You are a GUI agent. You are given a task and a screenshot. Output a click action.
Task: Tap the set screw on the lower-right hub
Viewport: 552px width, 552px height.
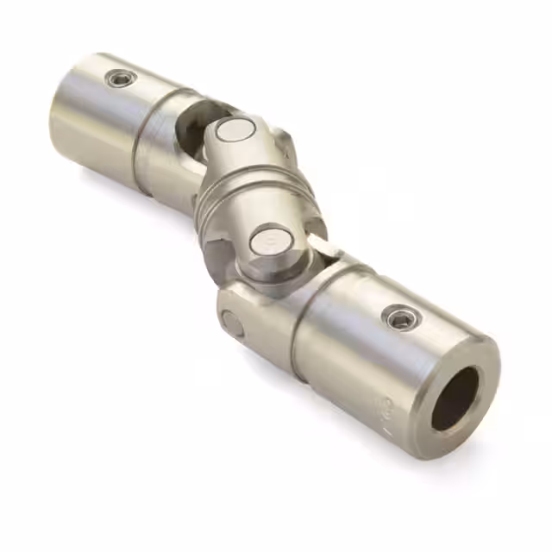398,318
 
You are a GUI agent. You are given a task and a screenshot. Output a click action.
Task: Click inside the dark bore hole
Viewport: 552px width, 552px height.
455,398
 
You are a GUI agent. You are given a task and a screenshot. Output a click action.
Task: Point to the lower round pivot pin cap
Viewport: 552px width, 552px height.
267,243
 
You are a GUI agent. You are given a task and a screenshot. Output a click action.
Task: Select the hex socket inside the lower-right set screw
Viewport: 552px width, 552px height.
398,318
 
